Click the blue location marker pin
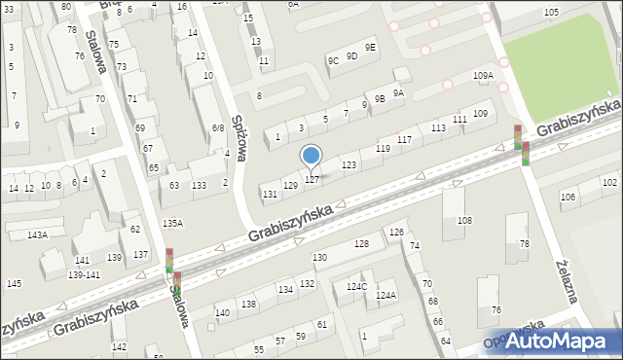(311, 156)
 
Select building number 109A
(483, 76)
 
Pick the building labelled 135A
(172, 223)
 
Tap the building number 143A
(37, 234)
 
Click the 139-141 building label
(84, 275)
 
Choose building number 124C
(356, 286)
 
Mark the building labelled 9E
(370, 48)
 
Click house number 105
(551, 12)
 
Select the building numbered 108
(464, 221)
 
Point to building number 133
(199, 185)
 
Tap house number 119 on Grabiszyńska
(383, 148)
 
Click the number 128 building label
(361, 243)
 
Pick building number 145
(14, 283)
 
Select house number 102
(609, 183)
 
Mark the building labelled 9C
(333, 61)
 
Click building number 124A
(386, 295)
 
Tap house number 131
(270, 195)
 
